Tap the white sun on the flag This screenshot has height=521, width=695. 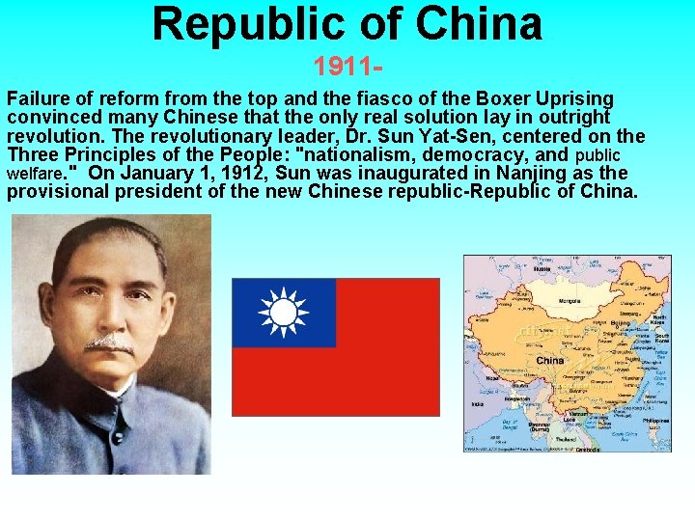point(283,313)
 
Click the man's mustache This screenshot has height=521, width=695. point(109,343)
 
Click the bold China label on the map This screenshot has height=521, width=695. point(550,360)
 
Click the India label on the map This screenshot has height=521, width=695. point(477,404)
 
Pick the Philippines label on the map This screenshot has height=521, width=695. point(654,422)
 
